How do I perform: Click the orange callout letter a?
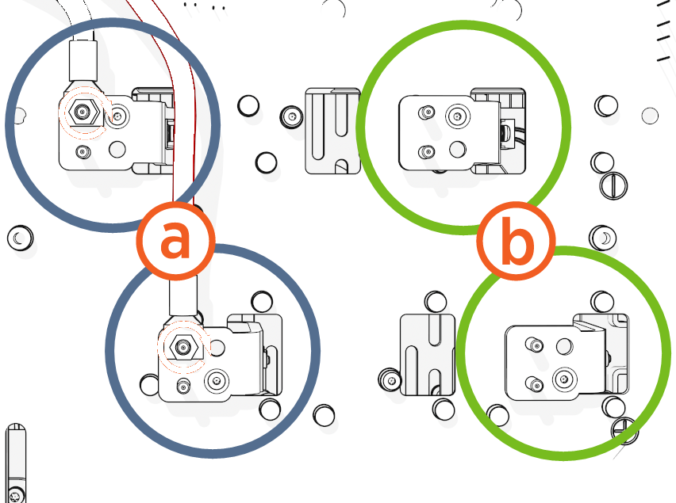pyautogui.click(x=175, y=240)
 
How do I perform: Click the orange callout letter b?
pyautogui.click(x=517, y=243)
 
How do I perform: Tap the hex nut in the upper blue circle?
pyautogui.click(x=82, y=114)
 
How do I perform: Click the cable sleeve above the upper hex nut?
pyautogui.click(x=83, y=59)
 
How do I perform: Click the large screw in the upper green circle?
pyautogui.click(x=457, y=116)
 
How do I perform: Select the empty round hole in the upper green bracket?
pyautogui.click(x=456, y=149)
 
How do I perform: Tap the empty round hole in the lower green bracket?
pyautogui.click(x=564, y=345)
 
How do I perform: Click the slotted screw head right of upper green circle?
pyautogui.click(x=615, y=186)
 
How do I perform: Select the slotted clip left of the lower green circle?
pyautogui.click(x=427, y=355)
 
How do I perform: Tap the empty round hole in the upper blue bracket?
pyautogui.click(x=117, y=148)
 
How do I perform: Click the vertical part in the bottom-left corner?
pyautogui.click(x=16, y=463)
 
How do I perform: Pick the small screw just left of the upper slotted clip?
pyautogui.click(x=291, y=117)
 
